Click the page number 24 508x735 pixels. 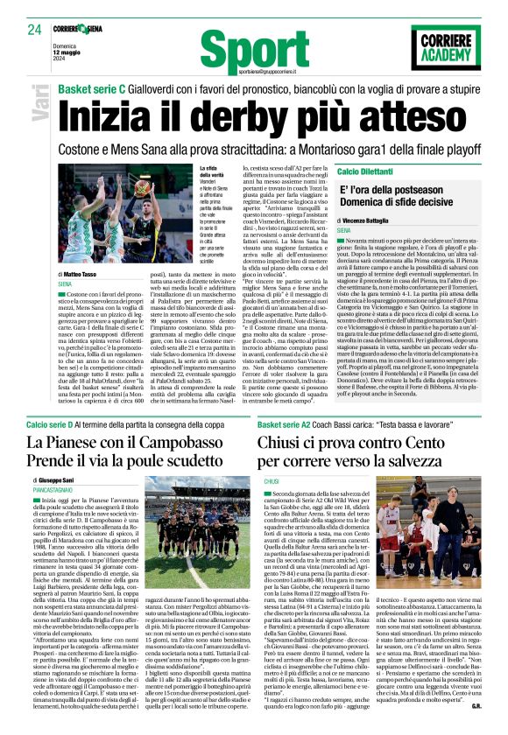pyautogui.click(x=34, y=29)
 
